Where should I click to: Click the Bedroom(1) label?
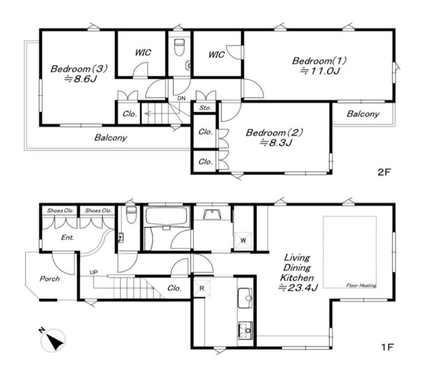[x=319, y=60]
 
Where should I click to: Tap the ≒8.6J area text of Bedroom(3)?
[x=80, y=79]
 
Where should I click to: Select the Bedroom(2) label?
[x=274, y=132]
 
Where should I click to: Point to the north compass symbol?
[x=53, y=340]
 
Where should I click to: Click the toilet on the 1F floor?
[x=132, y=215]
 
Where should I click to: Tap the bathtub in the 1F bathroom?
[x=167, y=216]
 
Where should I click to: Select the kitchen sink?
[x=245, y=298]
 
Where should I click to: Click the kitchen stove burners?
[x=245, y=330]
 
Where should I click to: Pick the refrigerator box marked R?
[x=202, y=288]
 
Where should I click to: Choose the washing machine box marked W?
[x=243, y=240]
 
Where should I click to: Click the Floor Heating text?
[x=362, y=285]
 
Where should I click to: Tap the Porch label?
[x=50, y=278]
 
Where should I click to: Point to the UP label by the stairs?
[x=94, y=272]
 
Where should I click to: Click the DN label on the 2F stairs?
[x=181, y=98]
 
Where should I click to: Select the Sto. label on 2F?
[x=206, y=108]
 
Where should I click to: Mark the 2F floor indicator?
[x=384, y=172]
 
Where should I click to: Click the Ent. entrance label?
[x=67, y=237]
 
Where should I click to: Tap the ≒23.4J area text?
[x=298, y=287]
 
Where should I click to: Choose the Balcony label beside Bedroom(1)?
[x=363, y=114]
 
